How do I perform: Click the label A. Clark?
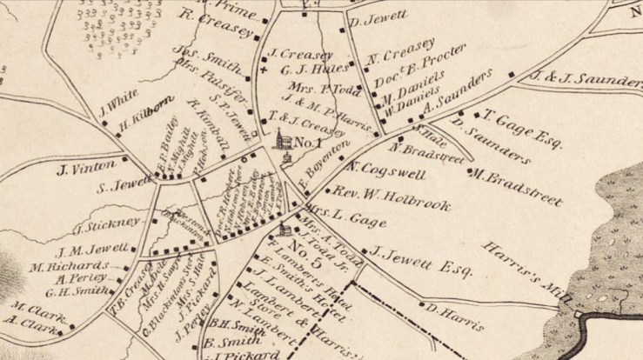pos(31,323)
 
